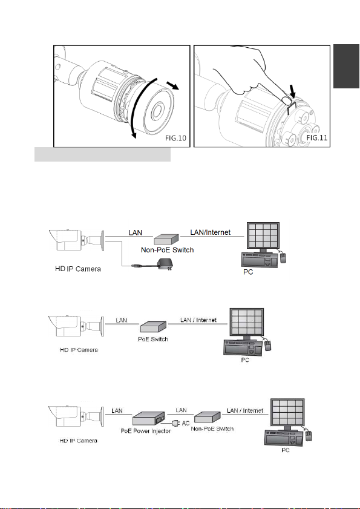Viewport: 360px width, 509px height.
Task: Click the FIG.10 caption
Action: click(175, 138)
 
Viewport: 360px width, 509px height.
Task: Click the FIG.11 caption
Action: click(317, 137)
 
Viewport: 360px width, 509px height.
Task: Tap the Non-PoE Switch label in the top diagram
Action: click(167, 250)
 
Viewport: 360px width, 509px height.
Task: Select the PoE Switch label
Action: click(153, 339)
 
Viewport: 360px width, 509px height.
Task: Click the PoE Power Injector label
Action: click(145, 431)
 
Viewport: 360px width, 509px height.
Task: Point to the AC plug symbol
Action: click(175, 423)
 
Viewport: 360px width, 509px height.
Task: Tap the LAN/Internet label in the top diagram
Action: click(211, 232)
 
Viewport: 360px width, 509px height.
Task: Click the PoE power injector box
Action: click(149, 419)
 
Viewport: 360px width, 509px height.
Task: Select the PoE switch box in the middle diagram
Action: click(153, 327)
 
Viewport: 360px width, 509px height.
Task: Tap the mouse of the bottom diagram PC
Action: click(309, 435)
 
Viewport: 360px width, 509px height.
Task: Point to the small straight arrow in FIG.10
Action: click(172, 86)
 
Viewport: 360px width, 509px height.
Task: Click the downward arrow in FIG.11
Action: click(292, 91)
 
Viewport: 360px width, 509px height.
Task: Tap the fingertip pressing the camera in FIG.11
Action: click(286, 100)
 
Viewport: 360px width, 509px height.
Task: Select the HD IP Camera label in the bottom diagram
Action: click(78, 441)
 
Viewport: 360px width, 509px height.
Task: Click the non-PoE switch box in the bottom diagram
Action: click(208, 417)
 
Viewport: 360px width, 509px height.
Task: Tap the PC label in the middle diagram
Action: click(245, 360)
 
